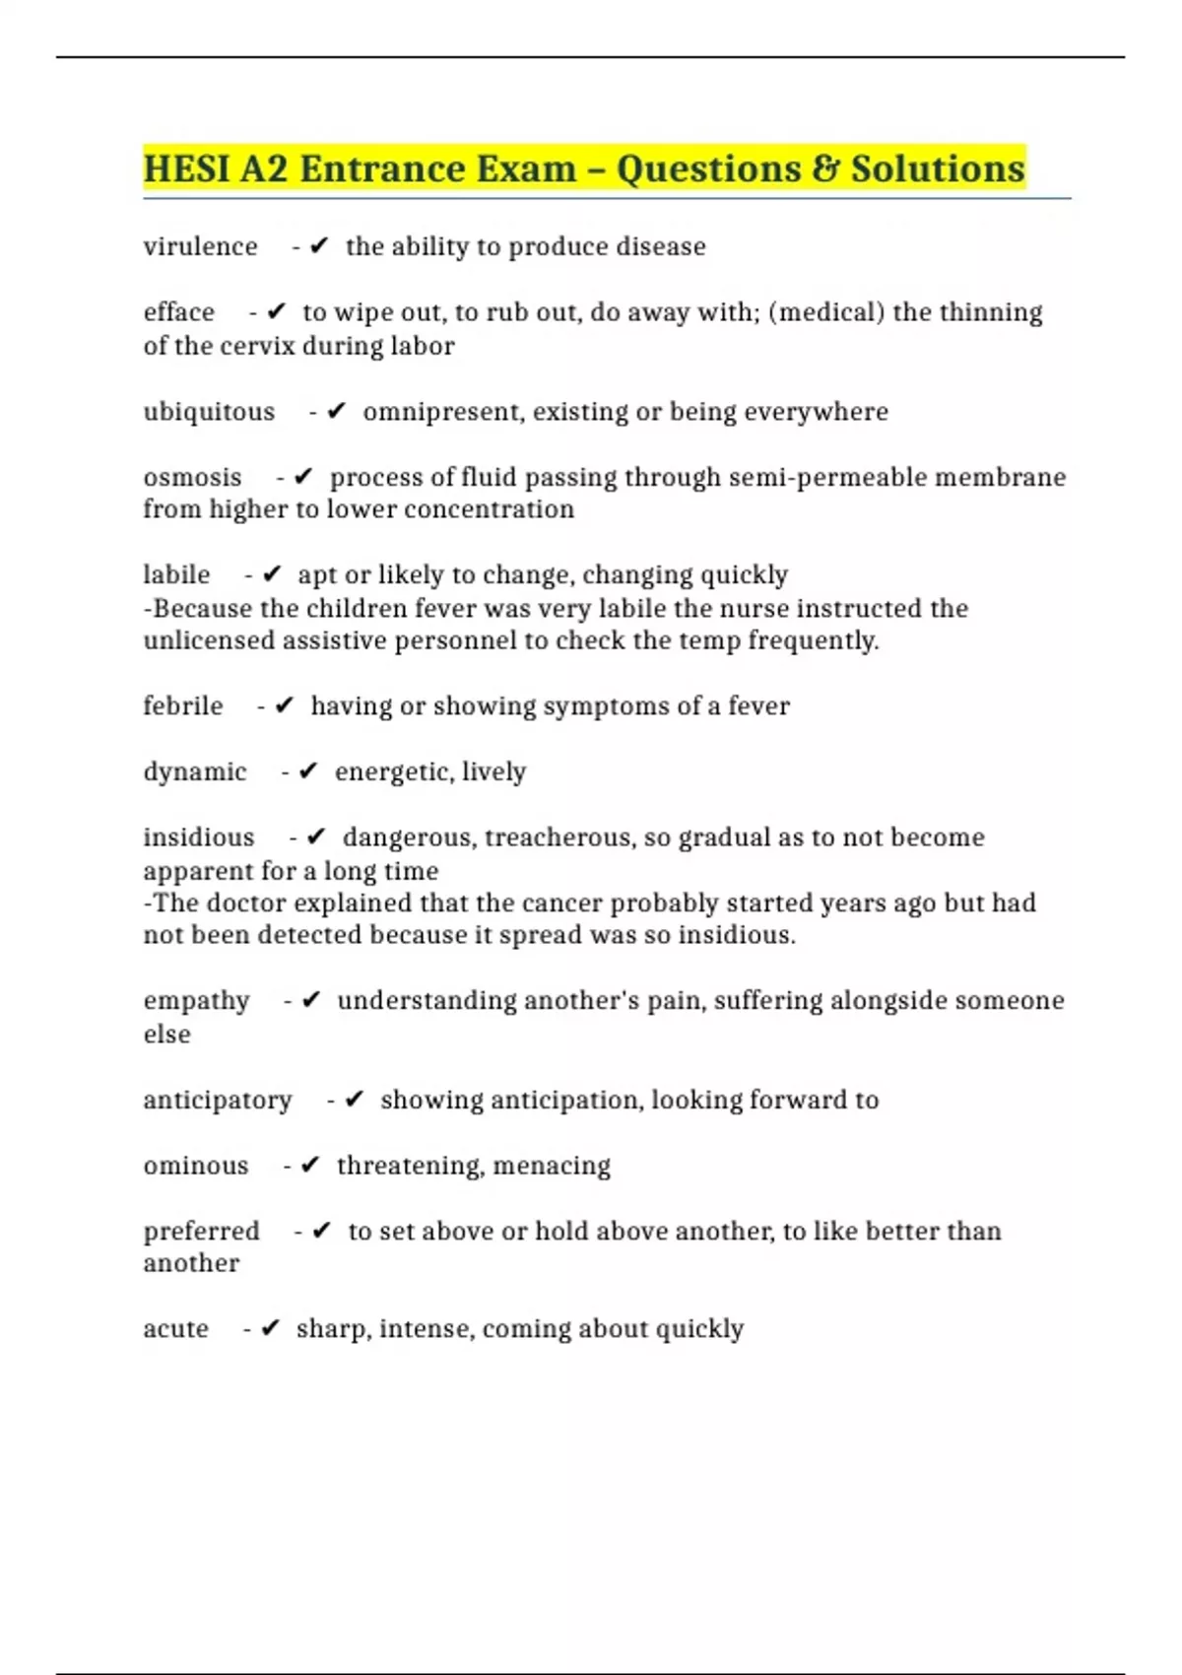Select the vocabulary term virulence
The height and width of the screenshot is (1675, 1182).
click(200, 246)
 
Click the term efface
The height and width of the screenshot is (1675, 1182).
click(178, 312)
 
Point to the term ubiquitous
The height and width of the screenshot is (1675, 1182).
click(209, 411)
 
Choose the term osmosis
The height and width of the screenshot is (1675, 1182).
click(192, 477)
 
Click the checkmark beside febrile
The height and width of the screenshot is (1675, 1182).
click(285, 705)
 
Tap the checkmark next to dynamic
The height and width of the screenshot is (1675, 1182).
click(308, 771)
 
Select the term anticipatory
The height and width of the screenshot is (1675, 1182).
click(218, 1100)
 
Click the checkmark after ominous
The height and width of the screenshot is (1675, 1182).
click(310, 1166)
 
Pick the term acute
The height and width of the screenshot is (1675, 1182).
click(175, 1329)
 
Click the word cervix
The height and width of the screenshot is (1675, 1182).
click(259, 346)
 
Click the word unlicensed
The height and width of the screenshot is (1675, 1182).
click(209, 640)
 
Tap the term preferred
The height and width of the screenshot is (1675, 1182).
click(201, 1232)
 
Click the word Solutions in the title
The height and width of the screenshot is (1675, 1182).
click(938, 168)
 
